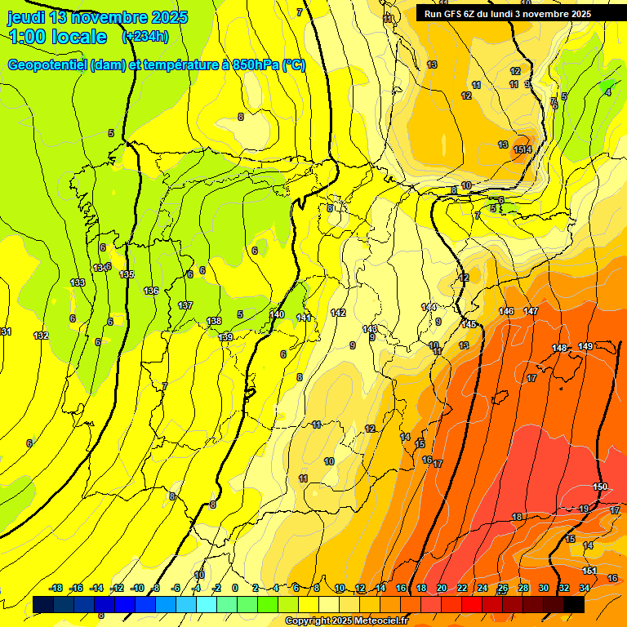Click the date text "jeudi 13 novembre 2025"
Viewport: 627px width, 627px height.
[x=98, y=17]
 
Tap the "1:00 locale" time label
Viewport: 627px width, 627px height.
[x=58, y=37]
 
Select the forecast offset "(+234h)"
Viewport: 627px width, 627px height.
[x=145, y=36]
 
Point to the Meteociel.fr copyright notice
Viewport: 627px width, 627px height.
[x=346, y=620]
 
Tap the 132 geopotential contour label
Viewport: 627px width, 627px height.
[x=41, y=336]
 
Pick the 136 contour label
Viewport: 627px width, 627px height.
[x=151, y=291]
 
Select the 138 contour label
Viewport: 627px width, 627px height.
[x=214, y=321]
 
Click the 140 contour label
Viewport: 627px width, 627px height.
[x=278, y=314]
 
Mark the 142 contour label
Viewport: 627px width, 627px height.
[x=338, y=313]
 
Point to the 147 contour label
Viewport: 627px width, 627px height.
[x=531, y=311]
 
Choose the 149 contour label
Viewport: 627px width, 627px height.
[x=585, y=347]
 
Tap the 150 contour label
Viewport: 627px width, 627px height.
[x=600, y=487]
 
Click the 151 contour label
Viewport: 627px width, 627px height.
[x=590, y=571]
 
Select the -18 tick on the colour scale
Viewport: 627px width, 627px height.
[x=56, y=588]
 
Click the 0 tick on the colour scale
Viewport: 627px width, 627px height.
[x=235, y=588]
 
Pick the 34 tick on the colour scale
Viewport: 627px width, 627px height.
[x=584, y=588]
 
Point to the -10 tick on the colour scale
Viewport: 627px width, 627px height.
[x=136, y=588]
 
